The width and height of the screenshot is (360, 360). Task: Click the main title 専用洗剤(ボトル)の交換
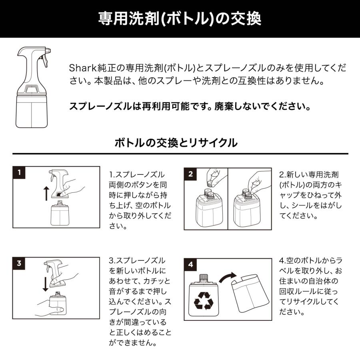coord(180,18)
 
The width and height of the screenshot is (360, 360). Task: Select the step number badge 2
coord(190,174)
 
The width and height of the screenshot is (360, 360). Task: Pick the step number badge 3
coord(19,264)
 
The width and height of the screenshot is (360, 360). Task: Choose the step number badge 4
coord(190,264)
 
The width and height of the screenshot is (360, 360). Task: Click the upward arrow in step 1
coord(46,193)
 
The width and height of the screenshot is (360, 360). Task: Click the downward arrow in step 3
coord(46,282)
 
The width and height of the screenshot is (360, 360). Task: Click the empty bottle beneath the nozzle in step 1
coord(58,215)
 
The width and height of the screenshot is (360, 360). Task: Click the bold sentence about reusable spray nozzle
coord(190,107)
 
